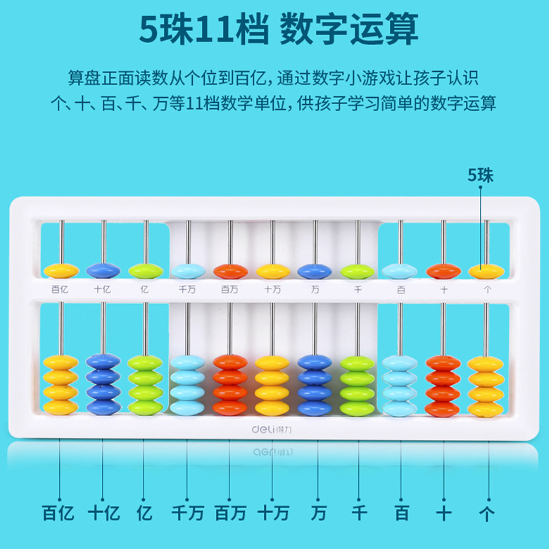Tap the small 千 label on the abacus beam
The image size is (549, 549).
pos(357,289)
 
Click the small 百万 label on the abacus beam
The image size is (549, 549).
pos(229,289)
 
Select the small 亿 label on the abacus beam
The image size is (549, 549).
pos(145,289)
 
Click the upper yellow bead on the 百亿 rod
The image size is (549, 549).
pos(61,270)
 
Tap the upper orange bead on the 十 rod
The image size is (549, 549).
pos(443,270)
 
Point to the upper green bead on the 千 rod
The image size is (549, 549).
pos(358,270)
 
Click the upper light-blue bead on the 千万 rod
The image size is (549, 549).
pos(188,270)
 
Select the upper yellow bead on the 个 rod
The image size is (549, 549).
pos(486,270)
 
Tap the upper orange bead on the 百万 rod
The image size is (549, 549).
pos(230,270)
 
